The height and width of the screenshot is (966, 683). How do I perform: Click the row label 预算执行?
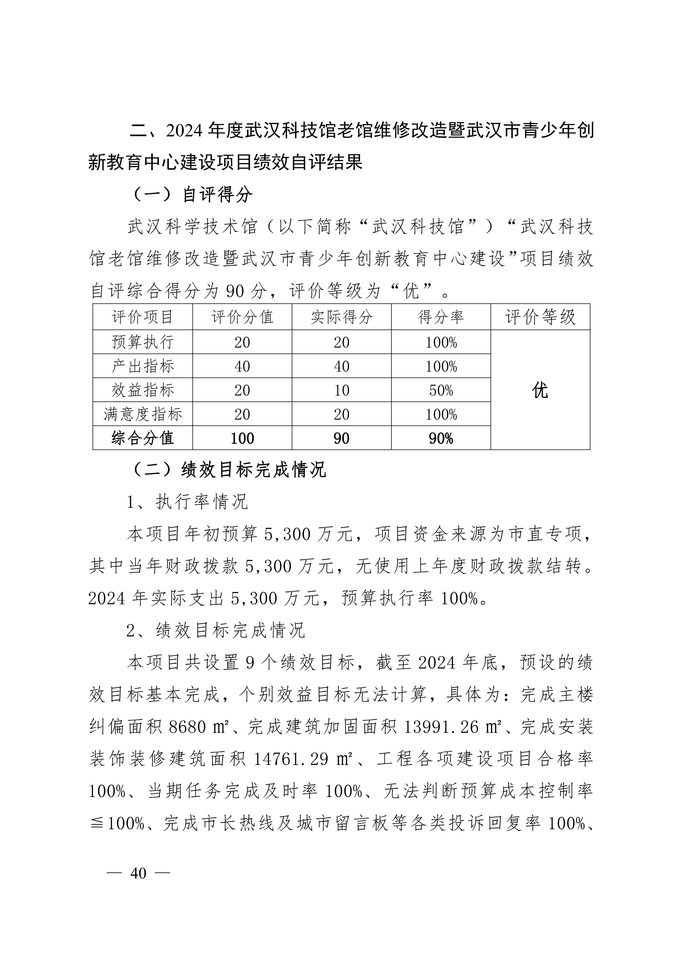143,342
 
